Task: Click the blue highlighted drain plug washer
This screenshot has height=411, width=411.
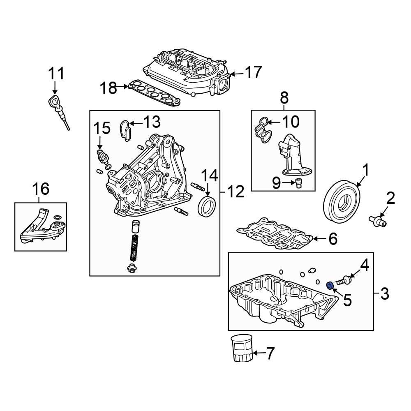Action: [x=329, y=285]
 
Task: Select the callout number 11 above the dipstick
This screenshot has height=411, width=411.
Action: [x=56, y=74]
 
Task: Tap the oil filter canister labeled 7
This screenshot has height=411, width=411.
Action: [x=242, y=349]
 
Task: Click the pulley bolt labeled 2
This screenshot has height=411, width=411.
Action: [x=378, y=221]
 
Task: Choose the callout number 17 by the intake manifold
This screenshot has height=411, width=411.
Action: [x=253, y=72]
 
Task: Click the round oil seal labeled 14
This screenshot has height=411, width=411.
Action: [x=207, y=206]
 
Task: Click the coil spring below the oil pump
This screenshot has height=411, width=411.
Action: [x=134, y=247]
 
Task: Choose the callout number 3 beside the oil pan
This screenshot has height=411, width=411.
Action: [x=384, y=293]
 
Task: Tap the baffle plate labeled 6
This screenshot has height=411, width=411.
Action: [x=275, y=233]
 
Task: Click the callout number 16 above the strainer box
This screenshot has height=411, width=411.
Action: [x=41, y=189]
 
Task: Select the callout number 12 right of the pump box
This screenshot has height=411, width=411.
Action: [x=236, y=191]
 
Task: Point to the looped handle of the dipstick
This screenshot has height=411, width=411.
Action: [x=53, y=101]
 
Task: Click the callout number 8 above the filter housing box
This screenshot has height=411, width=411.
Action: [x=284, y=98]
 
